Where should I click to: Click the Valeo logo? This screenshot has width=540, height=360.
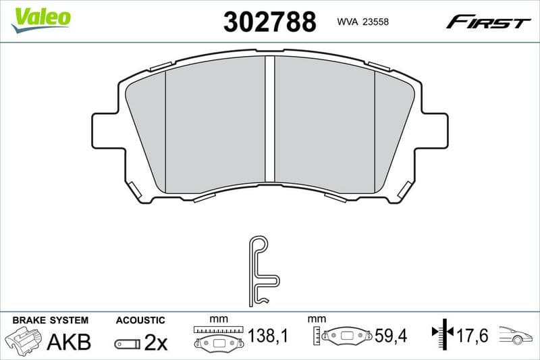pos(40,17)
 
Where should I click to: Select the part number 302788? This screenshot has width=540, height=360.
pos(269,22)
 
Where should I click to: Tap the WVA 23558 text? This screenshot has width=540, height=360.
pos(363,22)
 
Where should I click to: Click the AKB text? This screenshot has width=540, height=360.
pos(68,342)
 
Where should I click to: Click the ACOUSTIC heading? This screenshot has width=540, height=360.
pos(140,319)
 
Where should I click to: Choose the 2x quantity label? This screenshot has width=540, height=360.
pos(156,343)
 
